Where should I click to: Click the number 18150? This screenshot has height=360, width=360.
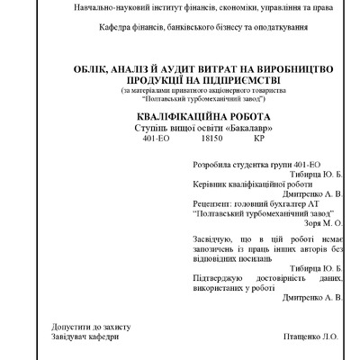pos(211,140)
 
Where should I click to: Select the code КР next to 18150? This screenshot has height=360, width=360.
pos(260,140)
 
